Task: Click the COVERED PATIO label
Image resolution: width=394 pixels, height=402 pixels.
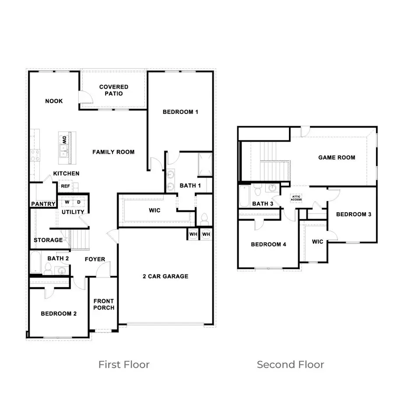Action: coord(114,90)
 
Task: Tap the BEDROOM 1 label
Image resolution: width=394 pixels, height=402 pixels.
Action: coord(180,112)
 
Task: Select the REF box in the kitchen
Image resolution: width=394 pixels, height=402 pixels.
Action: coord(65,186)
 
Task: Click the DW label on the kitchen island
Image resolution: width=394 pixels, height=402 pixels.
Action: coord(64,140)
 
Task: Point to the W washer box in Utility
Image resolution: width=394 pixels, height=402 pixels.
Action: coord(67,202)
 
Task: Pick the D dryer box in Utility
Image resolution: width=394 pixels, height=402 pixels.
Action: coord(78,202)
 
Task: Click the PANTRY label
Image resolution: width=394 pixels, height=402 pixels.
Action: coord(43,204)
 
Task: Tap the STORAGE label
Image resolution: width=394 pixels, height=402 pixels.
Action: coord(48,240)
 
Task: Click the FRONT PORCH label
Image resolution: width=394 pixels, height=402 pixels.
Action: coord(103,304)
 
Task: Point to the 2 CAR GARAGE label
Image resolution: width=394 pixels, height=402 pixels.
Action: coord(165,276)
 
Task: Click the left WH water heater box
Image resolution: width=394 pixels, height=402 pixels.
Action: coord(193,234)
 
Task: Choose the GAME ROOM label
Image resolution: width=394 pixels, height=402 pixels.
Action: coord(337,157)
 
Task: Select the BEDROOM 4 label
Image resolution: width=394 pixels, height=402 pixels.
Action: coord(268,244)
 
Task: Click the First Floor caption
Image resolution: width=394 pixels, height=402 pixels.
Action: coord(124,364)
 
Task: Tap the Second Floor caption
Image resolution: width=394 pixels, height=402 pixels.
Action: coord(290,364)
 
